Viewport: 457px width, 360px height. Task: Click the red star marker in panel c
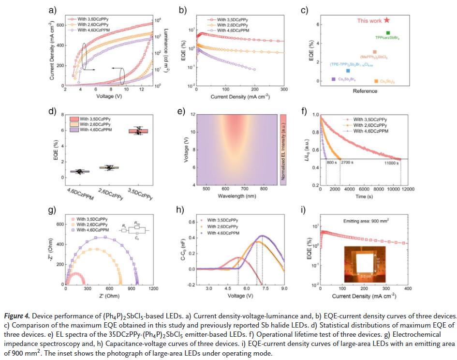click(386, 20)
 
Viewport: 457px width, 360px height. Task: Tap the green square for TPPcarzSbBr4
click(388, 33)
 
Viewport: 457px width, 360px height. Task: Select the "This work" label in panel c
click(369, 21)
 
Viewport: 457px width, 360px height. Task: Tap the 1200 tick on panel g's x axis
click(153, 288)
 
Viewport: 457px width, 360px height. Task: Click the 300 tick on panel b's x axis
click(283, 90)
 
